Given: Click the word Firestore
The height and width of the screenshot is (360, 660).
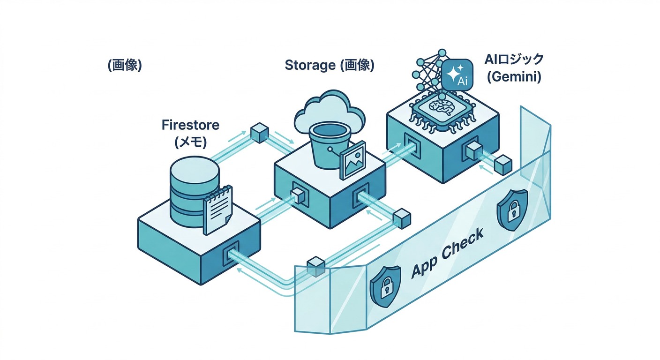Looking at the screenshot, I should pos(190,125).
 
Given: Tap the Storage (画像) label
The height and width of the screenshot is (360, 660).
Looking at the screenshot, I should pos(330,65).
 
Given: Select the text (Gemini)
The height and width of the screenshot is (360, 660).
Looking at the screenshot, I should pos(514,77).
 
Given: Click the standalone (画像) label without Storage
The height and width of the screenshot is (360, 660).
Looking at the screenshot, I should pos(124,65).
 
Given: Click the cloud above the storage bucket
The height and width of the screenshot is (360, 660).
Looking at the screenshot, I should pos(329,110).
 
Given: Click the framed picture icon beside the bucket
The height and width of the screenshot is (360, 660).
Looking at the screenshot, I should pos(352,159).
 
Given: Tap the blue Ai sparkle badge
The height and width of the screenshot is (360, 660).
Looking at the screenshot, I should pos(457,75).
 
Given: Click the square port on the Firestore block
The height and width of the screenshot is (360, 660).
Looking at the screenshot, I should pos(232,254).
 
